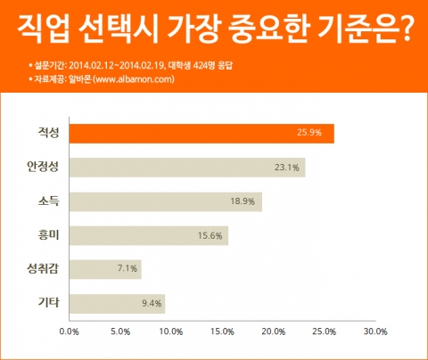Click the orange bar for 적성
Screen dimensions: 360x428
point(201,133)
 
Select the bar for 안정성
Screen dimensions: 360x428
point(186,167)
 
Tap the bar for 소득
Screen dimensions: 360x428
point(165,200)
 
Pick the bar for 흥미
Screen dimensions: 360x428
point(148,234)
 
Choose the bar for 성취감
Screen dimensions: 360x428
point(104,268)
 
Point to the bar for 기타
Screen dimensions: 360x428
point(116,302)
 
